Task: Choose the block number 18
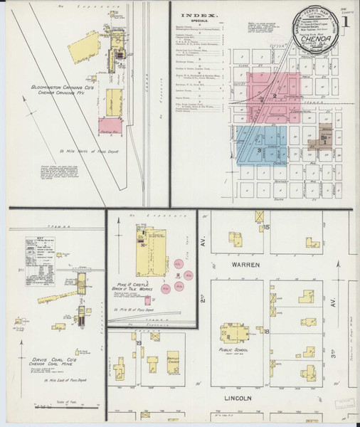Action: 266,332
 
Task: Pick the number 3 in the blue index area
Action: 260,150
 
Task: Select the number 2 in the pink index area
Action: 273,96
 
